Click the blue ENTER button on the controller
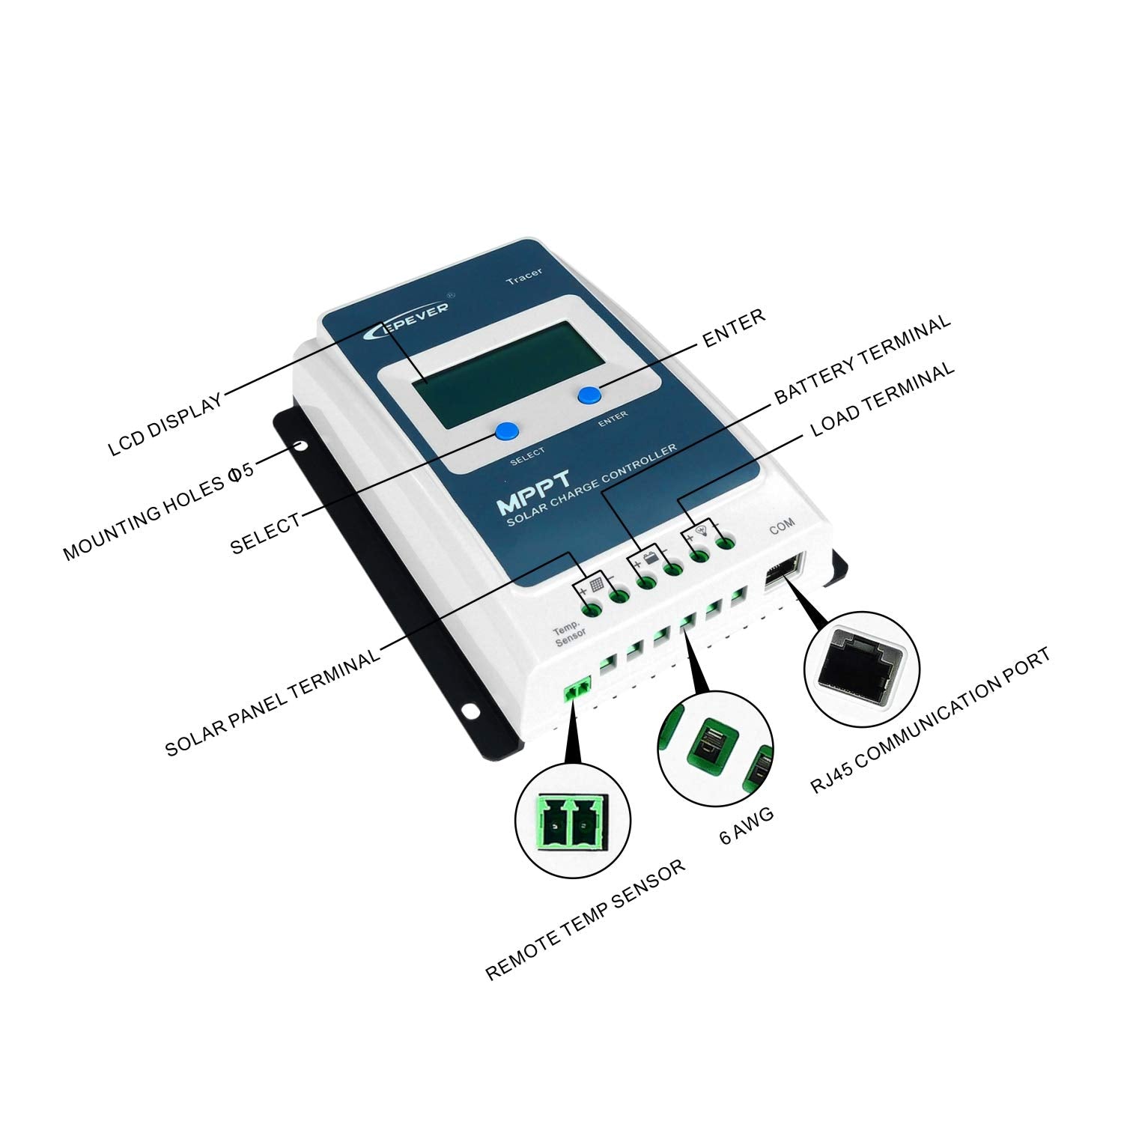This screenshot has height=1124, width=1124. click(x=589, y=395)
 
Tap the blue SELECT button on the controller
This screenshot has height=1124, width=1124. click(x=507, y=431)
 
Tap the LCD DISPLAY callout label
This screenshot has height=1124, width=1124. click(x=165, y=424)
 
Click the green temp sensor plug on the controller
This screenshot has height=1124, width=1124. click(x=577, y=690)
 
